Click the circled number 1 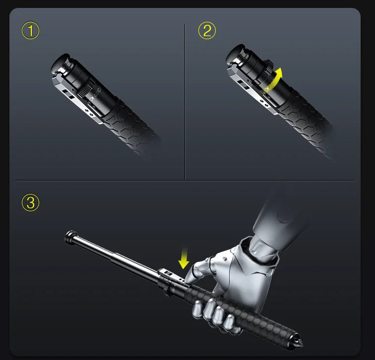click(31, 31)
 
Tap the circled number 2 click(207, 31)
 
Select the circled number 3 click(31, 203)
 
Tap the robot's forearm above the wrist click(278, 213)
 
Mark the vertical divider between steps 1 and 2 click(185, 99)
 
